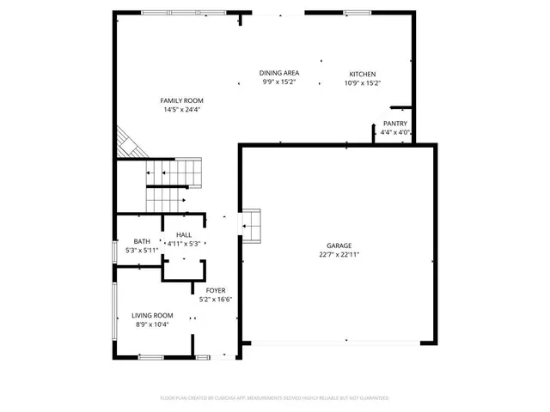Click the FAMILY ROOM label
[x=181, y=100]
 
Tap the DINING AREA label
[x=279, y=74]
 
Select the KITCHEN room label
[x=362, y=74]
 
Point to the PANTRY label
[x=395, y=124]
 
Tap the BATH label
[x=142, y=241]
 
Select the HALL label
[x=184, y=235]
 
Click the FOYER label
[x=216, y=291]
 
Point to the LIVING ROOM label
[x=152, y=316]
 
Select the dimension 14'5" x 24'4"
[x=181, y=110]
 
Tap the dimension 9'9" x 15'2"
[x=279, y=83]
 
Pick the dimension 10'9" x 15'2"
[x=362, y=83]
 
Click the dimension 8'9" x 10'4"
[x=152, y=324]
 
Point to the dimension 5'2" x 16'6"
[x=216, y=300]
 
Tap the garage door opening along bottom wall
[x=336, y=343]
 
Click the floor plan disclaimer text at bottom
[x=275, y=398]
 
